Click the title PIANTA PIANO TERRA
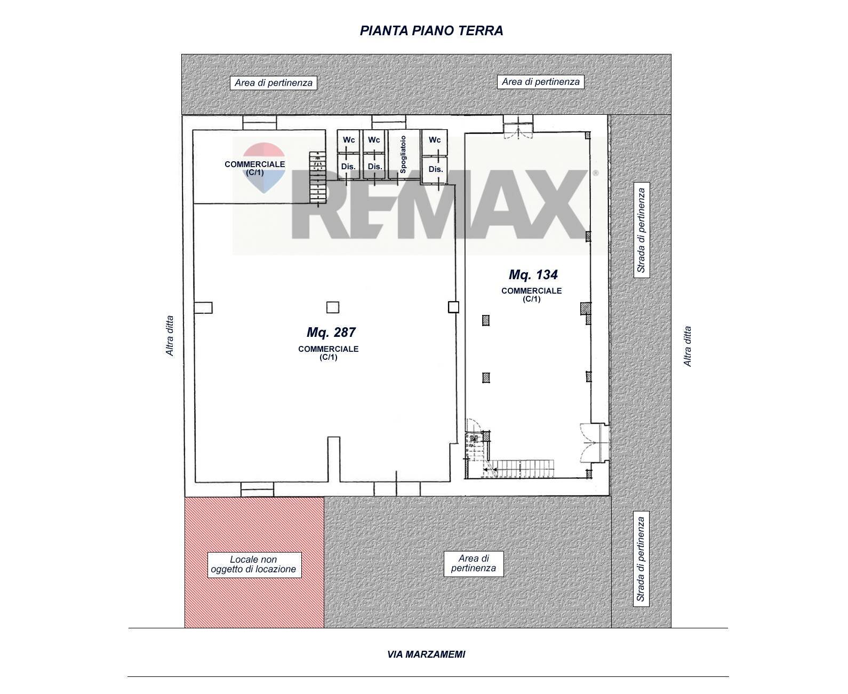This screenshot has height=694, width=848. (x=431, y=30)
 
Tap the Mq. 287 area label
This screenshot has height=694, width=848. (x=331, y=333)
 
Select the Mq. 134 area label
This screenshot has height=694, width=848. (x=533, y=274)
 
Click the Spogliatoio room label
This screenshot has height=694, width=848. (x=403, y=155)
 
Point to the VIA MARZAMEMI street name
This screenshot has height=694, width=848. (x=426, y=654)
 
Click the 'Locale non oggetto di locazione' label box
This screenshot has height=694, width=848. (x=254, y=564)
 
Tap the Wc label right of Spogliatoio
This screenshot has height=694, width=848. (x=435, y=140)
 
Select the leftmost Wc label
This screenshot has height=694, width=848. (x=349, y=140)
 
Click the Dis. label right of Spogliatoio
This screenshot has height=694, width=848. (x=435, y=169)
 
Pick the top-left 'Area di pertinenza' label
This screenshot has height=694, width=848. (x=274, y=83)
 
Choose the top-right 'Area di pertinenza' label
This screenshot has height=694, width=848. (x=540, y=82)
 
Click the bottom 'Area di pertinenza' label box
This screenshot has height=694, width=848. (x=474, y=564)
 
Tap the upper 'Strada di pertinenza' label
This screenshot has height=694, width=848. (x=641, y=230)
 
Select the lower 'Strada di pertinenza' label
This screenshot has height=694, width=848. (x=641, y=559)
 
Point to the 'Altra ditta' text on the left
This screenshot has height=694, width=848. (x=170, y=336)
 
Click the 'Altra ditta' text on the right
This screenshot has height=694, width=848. (x=687, y=346)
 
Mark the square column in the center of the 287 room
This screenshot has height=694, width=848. (x=332, y=307)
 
